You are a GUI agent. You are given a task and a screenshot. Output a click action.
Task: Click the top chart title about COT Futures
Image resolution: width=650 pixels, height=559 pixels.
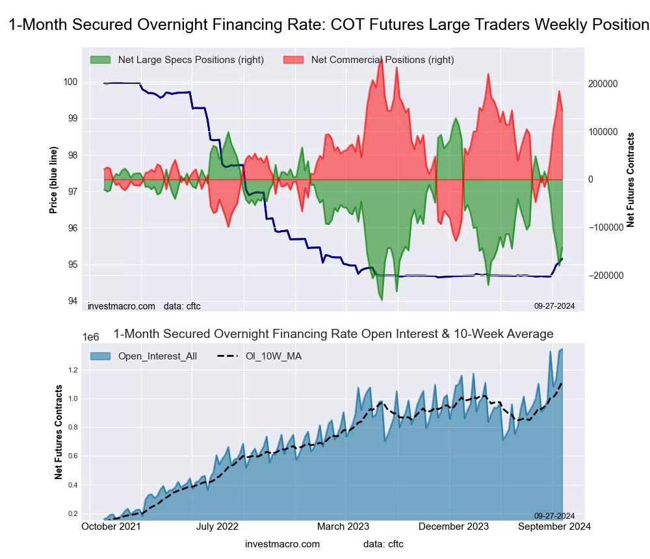(x=328, y=25)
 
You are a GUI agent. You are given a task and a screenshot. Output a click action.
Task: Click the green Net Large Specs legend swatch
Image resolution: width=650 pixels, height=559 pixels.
(x=101, y=60)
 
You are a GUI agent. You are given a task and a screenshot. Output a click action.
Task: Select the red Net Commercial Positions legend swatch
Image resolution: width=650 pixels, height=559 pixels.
(x=294, y=60)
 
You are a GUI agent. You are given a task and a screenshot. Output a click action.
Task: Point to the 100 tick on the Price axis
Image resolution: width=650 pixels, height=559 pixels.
(x=71, y=82)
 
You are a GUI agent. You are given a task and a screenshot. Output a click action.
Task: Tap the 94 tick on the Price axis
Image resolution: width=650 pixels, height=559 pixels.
(x=73, y=301)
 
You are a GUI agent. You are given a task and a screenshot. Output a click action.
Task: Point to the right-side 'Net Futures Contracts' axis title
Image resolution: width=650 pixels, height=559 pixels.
(x=630, y=180)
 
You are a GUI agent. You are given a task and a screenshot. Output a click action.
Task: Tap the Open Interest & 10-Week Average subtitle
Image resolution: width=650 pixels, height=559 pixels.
(x=333, y=334)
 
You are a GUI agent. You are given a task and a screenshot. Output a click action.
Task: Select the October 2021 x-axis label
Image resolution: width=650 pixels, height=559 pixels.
(x=112, y=526)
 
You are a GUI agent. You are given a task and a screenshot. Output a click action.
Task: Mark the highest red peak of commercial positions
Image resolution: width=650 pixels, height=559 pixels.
(x=381, y=58)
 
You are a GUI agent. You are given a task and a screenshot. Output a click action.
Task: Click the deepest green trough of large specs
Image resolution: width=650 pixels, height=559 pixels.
(x=381, y=300)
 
